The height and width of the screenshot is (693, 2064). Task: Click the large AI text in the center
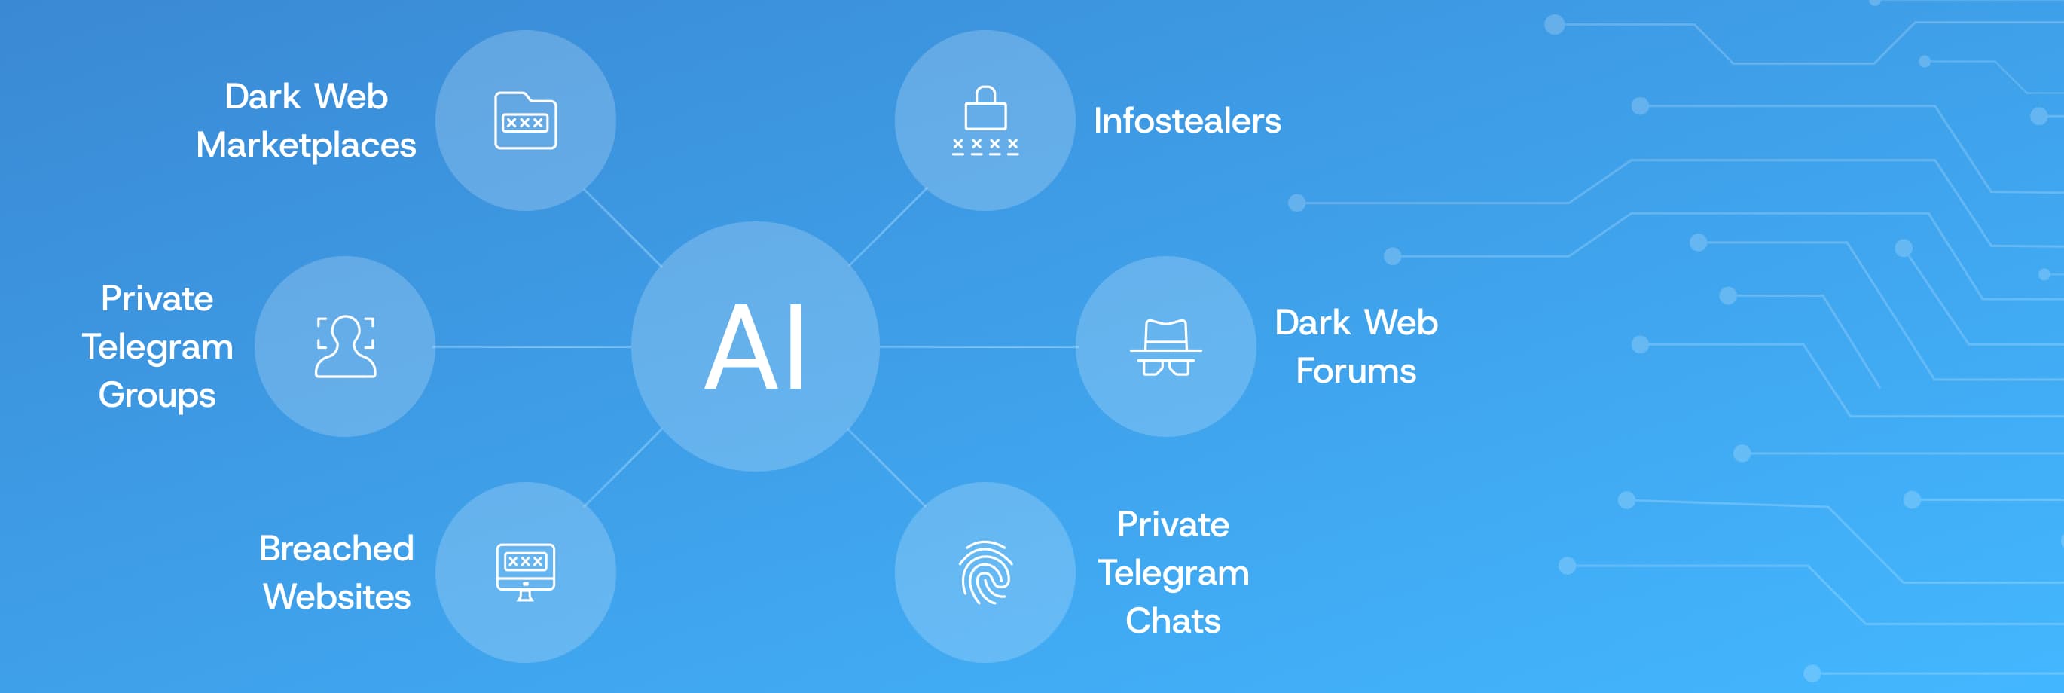click(755, 348)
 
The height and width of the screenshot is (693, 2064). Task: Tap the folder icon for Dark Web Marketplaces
click(525, 121)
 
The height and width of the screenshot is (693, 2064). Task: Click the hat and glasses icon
click(1165, 347)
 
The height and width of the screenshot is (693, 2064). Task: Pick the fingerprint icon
click(985, 572)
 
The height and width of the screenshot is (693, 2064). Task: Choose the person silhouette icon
click(345, 347)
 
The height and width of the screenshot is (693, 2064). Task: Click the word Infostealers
click(1186, 121)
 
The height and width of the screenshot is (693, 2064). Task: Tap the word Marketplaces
click(306, 145)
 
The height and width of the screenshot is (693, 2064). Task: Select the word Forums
click(1356, 371)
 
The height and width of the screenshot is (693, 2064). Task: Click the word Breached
click(337, 549)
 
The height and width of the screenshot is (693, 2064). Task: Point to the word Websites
click(337, 597)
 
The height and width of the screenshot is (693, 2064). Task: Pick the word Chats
click(1172, 621)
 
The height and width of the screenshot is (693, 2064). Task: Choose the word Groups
click(157, 395)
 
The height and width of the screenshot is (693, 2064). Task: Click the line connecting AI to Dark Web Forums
click(978, 347)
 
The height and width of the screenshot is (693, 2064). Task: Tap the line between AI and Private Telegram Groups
click(533, 347)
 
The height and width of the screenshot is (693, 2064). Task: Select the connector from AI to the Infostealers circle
click(888, 226)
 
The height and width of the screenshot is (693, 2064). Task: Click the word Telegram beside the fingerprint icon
click(1172, 572)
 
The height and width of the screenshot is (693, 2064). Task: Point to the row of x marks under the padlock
click(985, 146)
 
